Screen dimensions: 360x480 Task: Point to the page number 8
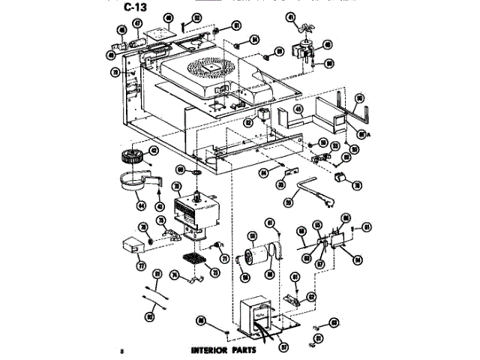(121, 351)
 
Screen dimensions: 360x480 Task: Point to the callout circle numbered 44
(140, 205)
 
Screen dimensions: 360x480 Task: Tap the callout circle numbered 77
(140, 265)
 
